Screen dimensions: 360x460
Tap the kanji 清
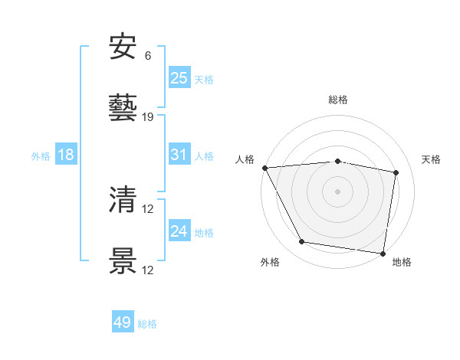(x=123, y=200)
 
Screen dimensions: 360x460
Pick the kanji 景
(x=123, y=261)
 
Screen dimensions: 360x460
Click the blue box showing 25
(x=179, y=77)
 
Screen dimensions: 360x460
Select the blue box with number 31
(x=179, y=155)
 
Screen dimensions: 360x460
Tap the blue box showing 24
(x=179, y=231)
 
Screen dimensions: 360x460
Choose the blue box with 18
(x=66, y=155)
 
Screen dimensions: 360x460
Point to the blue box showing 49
(x=123, y=322)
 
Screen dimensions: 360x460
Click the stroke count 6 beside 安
(x=148, y=56)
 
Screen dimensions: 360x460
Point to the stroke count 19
(x=148, y=117)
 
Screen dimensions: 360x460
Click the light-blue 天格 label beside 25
(x=204, y=79)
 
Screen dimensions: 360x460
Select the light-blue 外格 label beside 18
(x=41, y=156)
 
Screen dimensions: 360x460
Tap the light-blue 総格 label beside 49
(x=148, y=324)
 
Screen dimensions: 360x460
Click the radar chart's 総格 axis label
(x=338, y=100)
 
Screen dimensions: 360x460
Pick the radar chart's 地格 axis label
(x=402, y=263)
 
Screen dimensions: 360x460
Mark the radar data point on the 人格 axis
(x=264, y=168)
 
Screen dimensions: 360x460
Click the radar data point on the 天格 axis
(x=396, y=173)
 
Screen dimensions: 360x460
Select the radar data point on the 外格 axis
(x=302, y=242)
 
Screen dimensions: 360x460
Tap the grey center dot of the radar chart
(x=338, y=191)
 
